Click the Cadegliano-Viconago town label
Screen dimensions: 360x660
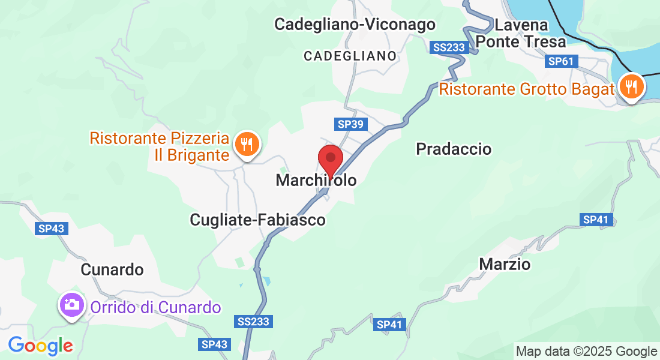(355, 25)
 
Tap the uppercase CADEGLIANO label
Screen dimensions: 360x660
(350, 56)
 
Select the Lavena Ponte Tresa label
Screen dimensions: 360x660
(521, 34)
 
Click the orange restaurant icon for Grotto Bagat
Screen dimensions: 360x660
(631, 87)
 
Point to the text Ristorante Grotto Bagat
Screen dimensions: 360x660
(527, 89)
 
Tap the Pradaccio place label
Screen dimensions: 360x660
(454, 149)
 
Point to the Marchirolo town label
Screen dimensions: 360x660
(316, 180)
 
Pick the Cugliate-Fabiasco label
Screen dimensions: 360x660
(257, 220)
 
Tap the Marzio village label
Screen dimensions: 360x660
(505, 264)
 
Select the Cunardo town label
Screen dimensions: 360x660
(112, 270)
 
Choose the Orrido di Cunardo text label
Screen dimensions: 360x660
(156, 308)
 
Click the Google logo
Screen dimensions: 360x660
(40, 346)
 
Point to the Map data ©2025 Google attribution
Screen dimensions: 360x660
(587, 352)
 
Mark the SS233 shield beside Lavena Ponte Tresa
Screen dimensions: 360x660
(448, 46)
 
